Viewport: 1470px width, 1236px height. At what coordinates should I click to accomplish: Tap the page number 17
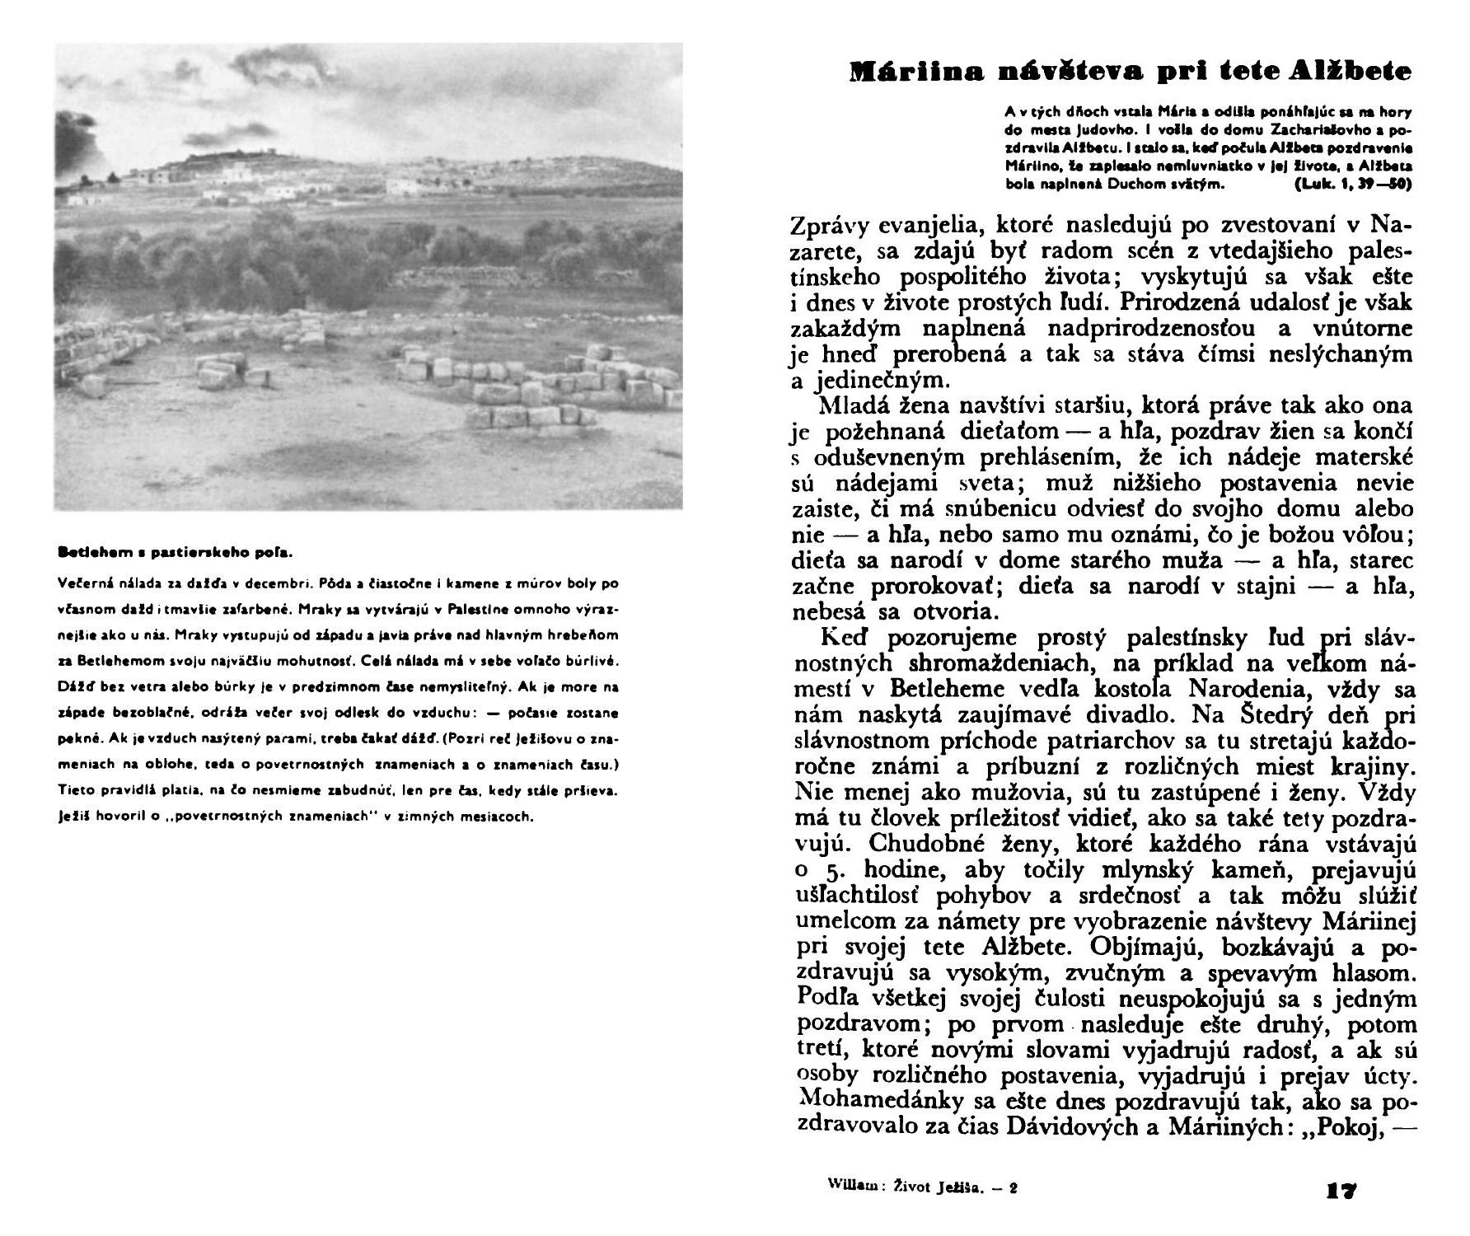[1341, 1191]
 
